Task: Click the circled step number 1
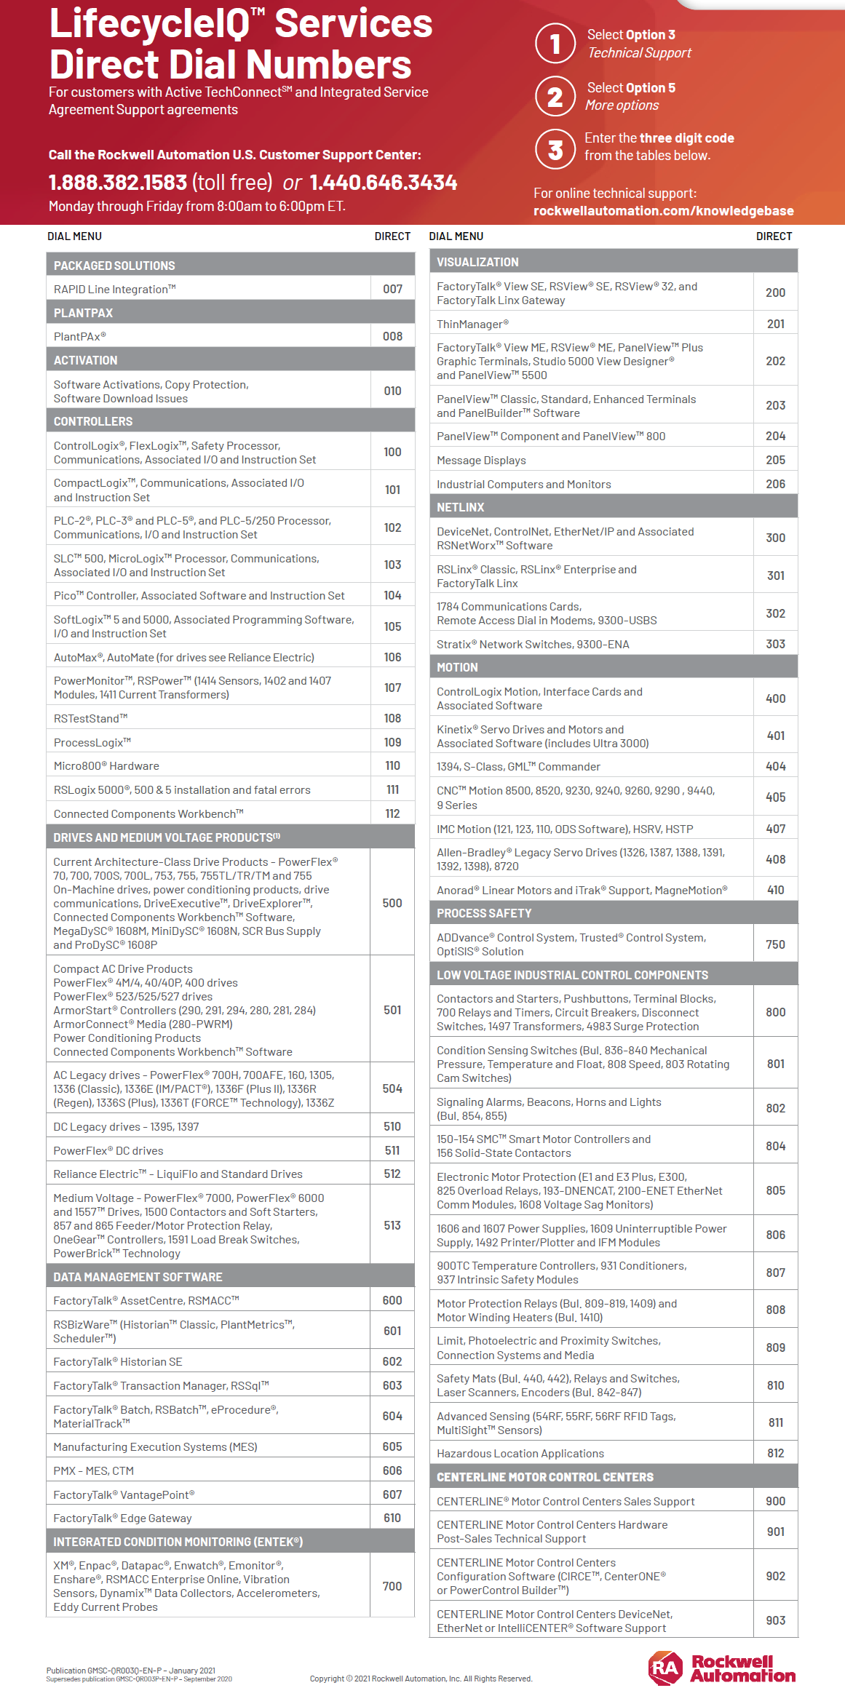pos(555,44)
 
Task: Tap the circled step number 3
pos(555,149)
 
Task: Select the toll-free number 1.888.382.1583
pos(118,183)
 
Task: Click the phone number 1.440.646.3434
pos(384,183)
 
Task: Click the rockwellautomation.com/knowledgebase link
pos(663,211)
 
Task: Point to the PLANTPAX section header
pos(84,313)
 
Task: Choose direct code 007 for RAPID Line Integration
pos(392,289)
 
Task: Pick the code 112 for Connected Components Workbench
pos(392,813)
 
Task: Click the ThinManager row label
pos(472,324)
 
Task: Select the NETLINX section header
pos(461,507)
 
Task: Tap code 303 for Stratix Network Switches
pos(775,644)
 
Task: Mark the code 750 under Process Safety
pos(775,944)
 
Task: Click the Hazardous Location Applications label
pos(520,1453)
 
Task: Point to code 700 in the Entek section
pos(392,1586)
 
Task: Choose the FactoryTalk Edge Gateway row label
pos(122,1518)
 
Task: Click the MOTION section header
pos(457,667)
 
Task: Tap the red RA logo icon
pos(665,1668)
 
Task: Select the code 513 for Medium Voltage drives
pos(392,1225)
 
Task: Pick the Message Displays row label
pos(481,460)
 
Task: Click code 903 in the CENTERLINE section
pos(775,1620)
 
